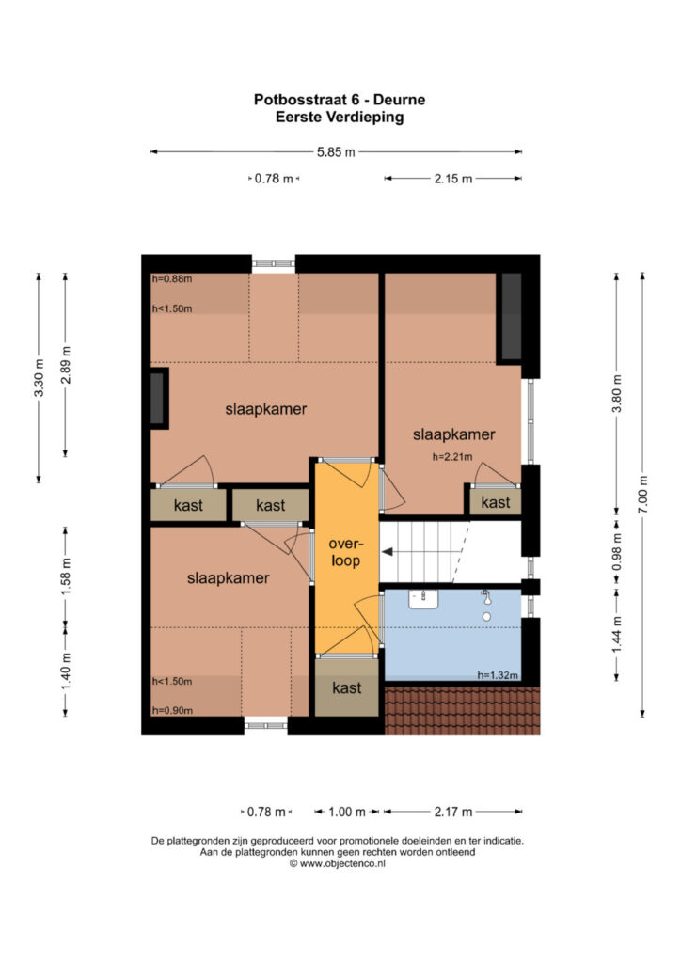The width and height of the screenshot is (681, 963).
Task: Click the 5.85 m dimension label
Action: coord(336,151)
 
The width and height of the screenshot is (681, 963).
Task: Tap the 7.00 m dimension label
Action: coord(642,495)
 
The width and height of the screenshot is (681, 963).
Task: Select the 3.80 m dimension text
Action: coord(617,394)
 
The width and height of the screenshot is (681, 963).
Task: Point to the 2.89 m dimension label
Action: coord(66,365)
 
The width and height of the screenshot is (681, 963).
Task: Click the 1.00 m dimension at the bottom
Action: coord(347,812)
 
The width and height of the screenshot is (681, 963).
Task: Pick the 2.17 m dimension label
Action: coord(453,812)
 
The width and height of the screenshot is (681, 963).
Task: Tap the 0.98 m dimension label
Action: coord(617,551)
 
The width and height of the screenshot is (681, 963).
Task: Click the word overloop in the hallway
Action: coord(346,551)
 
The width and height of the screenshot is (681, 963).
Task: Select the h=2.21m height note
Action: coord(452,457)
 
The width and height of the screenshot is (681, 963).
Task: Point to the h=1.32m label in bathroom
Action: coord(498,675)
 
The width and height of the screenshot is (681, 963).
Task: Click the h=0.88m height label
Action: coord(172,278)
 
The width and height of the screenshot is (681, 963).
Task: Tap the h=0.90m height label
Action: coord(172,711)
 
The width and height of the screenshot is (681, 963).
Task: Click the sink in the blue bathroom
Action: coord(423,599)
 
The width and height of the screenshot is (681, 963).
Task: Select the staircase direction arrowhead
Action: coord(388,552)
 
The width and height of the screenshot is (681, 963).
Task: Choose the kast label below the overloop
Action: coord(346,687)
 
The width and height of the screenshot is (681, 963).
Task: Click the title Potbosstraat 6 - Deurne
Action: coord(340,100)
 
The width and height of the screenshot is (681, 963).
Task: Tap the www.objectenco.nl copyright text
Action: coord(337,863)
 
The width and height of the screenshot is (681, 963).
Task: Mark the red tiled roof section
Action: coord(462,711)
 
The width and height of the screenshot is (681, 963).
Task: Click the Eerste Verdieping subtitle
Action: coord(340,117)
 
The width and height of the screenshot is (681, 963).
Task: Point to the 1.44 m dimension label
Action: coord(617,635)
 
